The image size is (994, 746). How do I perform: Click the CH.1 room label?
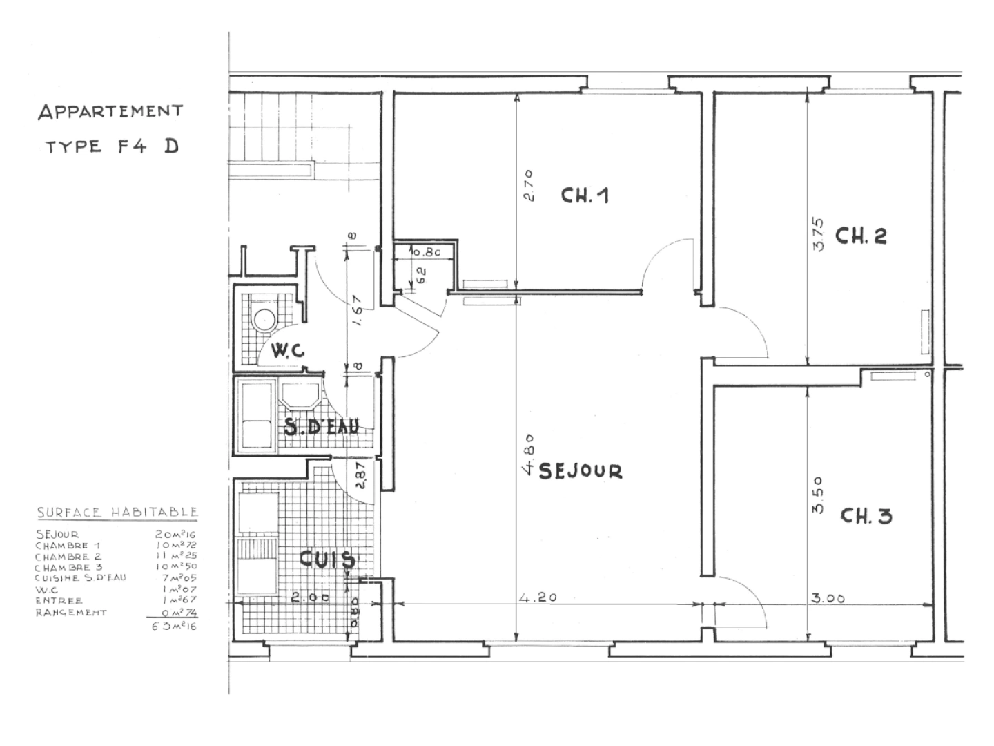(x=585, y=196)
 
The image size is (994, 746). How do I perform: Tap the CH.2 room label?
(x=861, y=236)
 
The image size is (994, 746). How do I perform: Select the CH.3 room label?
(x=866, y=516)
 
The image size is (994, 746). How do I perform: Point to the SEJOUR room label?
(x=580, y=471)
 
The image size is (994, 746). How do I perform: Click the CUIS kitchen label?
(x=327, y=559)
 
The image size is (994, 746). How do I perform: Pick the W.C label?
(x=288, y=351)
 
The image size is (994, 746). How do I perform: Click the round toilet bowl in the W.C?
(x=264, y=319)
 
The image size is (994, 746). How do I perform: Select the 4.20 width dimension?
(x=537, y=598)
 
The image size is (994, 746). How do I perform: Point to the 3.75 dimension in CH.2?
(x=819, y=235)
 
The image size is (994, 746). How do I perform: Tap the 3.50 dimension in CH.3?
(x=818, y=495)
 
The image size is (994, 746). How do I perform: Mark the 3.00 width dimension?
(x=828, y=599)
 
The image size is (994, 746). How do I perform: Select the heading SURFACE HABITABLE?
(x=117, y=513)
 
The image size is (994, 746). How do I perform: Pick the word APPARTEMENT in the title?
(x=110, y=111)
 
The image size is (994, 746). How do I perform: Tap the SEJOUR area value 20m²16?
(x=176, y=534)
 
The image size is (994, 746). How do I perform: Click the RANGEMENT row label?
(x=71, y=612)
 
